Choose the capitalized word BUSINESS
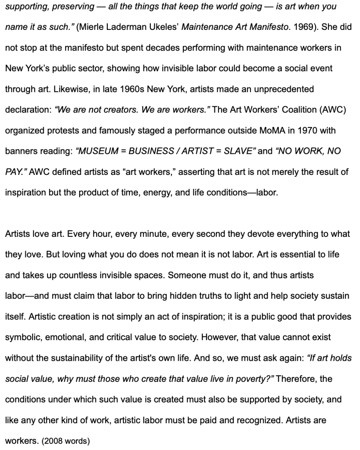(x=147, y=151)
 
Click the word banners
(x=20, y=151)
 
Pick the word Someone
(x=186, y=276)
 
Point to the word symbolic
(x=21, y=337)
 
